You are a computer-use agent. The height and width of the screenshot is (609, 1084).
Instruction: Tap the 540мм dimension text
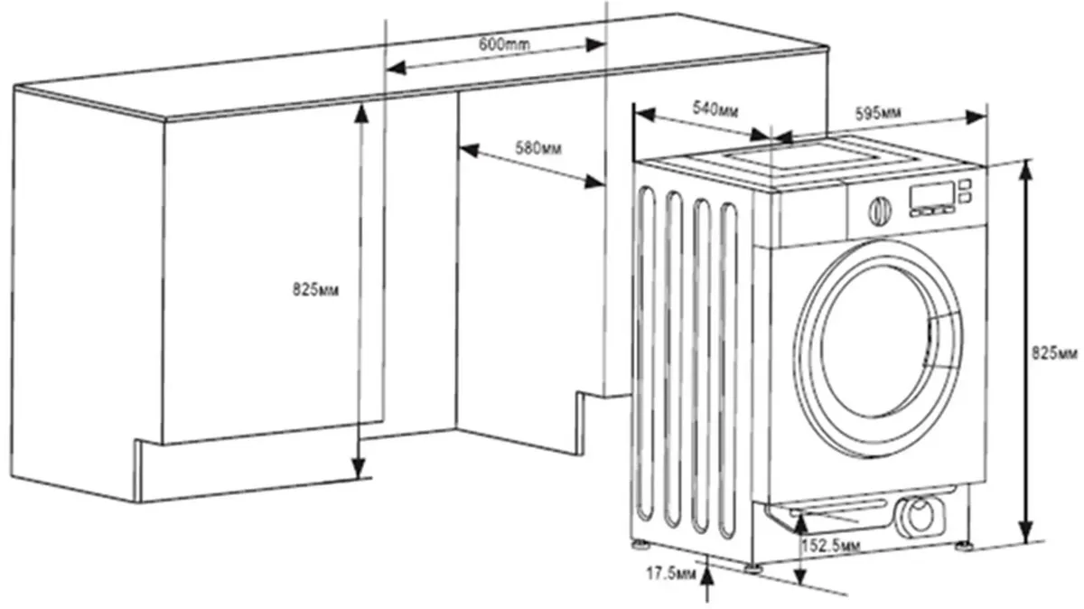tap(715, 110)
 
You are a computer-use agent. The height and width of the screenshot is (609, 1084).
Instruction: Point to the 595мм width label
tap(878, 113)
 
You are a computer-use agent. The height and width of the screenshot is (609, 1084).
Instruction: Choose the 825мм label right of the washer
tap(1055, 351)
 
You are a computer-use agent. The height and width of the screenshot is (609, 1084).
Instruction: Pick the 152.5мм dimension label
tap(830, 546)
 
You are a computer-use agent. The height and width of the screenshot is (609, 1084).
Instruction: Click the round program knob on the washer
tap(878, 211)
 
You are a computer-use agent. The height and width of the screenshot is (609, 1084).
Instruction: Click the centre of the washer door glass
tap(876, 342)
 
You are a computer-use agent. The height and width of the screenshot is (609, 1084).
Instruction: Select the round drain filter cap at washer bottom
tap(920, 517)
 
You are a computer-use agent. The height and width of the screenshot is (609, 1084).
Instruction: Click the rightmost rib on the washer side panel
tap(730, 366)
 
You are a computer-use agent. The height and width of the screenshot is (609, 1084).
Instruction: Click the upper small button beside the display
tap(965, 184)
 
